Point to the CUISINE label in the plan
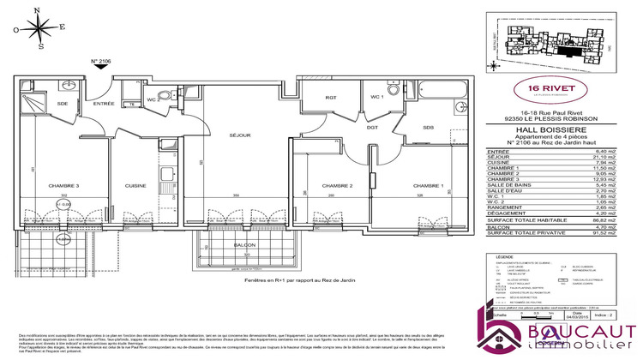135,186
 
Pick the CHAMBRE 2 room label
338,186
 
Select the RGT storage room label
330,97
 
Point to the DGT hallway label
373,128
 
